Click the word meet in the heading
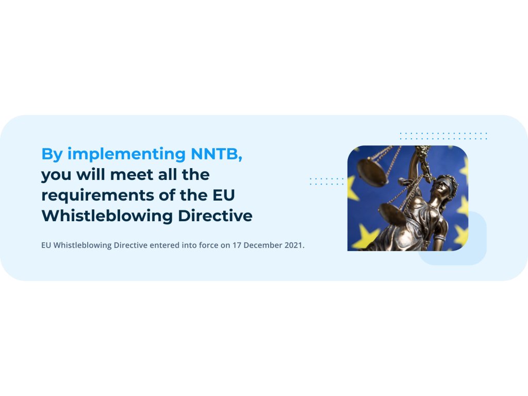[x=131, y=175]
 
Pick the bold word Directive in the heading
[x=215, y=216]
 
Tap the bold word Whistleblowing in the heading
[x=107, y=217]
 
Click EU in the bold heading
[x=224, y=195]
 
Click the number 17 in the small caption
[x=237, y=245]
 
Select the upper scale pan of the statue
[x=372, y=172]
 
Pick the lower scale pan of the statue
[x=392, y=214]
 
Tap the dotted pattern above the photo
[x=443, y=136]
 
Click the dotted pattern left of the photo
[x=326, y=181]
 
